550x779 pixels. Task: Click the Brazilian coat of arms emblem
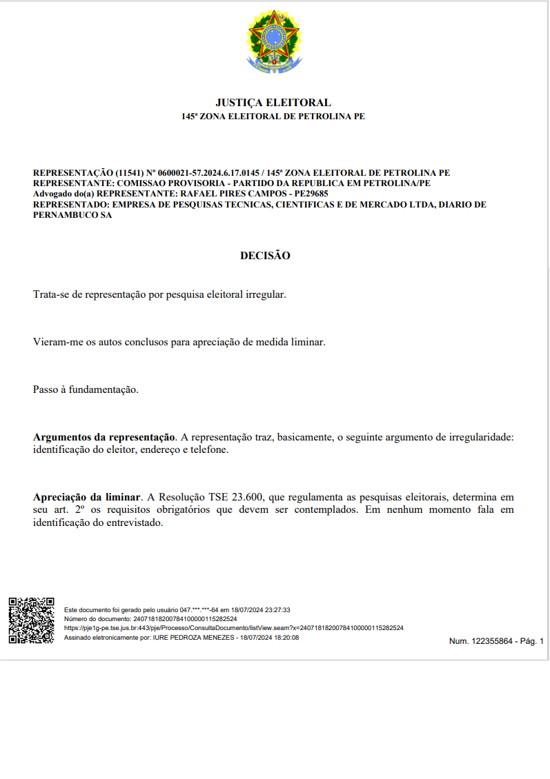(274, 42)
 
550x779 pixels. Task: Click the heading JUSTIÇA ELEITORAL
(273, 103)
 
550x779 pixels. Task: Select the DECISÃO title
(265, 256)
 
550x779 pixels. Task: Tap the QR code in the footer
(31, 620)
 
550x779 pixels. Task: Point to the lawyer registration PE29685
(308, 194)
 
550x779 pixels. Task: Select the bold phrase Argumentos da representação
(104, 437)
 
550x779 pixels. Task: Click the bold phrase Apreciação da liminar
(88, 497)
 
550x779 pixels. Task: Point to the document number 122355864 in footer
(492, 641)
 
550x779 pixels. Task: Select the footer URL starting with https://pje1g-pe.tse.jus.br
(233, 628)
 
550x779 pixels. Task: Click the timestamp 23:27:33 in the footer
(275, 610)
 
